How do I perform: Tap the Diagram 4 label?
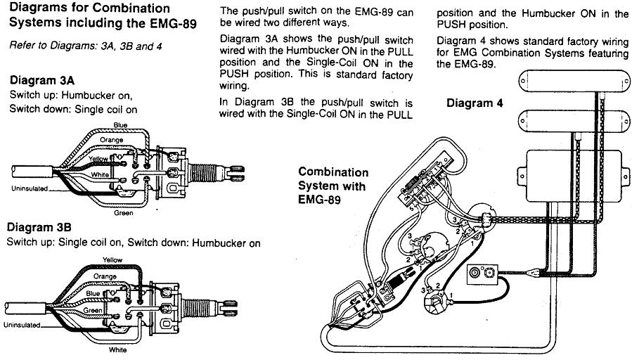click(x=475, y=103)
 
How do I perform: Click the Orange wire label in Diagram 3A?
click(x=111, y=139)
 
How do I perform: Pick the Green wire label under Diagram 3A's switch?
click(x=124, y=212)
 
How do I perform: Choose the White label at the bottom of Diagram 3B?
click(x=118, y=349)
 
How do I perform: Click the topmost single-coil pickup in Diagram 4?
click(x=571, y=79)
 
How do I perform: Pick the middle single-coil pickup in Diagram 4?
click(x=571, y=122)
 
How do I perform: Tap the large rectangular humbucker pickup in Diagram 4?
click(x=571, y=169)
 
